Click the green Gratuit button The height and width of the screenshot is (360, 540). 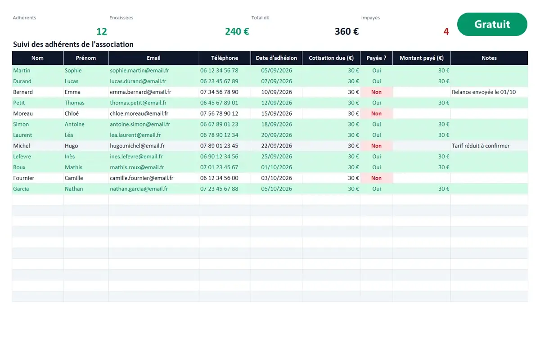point(492,24)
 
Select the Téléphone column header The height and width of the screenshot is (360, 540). point(225,58)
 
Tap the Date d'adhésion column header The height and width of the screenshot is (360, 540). point(276,58)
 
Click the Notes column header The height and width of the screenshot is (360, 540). point(489,58)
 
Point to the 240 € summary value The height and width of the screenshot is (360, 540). point(237,31)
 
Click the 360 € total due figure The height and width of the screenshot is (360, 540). point(346,31)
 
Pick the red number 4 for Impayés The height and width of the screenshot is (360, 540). point(446,31)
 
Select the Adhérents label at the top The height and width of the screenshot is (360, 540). point(24,18)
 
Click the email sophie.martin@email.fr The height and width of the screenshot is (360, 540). point(139,70)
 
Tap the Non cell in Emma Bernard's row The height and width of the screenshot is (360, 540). point(376,92)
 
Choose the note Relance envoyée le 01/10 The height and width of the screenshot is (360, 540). point(484,92)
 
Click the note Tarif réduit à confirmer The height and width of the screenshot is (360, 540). point(481,146)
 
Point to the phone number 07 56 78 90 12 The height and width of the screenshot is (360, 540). point(219,113)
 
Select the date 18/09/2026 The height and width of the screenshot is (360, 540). point(276,124)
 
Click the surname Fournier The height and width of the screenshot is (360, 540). point(23,178)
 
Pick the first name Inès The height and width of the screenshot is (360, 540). point(70,156)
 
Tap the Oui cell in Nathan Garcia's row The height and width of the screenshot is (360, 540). point(376,189)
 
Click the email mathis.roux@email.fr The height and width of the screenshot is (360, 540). point(137,167)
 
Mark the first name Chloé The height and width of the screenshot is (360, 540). point(72,113)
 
